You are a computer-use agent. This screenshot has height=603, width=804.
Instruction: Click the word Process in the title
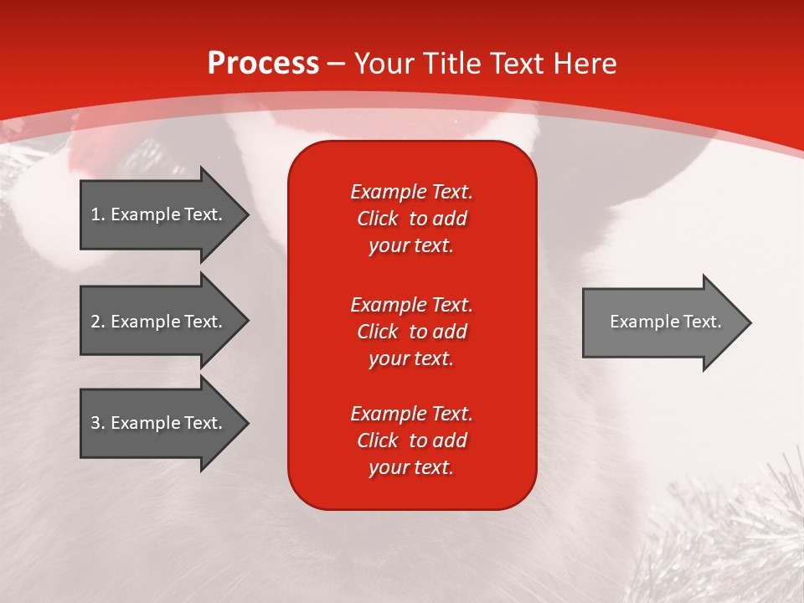(264, 64)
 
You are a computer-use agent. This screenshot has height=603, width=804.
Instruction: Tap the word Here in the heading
(585, 64)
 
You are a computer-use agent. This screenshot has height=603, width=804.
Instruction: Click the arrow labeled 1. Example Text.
(165, 214)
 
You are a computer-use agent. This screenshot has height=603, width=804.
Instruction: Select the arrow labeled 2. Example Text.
(165, 321)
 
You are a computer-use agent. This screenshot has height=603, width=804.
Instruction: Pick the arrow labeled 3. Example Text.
(165, 423)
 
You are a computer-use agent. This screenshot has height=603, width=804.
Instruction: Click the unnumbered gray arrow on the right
(667, 322)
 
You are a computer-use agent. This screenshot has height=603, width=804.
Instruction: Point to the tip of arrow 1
(250, 215)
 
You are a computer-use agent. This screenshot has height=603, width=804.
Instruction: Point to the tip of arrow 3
(250, 424)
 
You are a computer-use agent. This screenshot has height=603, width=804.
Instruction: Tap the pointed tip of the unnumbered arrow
(752, 323)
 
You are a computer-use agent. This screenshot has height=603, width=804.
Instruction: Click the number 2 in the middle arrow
(95, 322)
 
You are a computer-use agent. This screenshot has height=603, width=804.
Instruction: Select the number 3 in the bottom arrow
(95, 422)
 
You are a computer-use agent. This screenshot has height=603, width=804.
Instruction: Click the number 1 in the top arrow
(95, 214)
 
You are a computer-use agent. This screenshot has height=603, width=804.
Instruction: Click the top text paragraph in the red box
(412, 219)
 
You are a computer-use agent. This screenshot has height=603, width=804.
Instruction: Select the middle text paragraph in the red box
(412, 332)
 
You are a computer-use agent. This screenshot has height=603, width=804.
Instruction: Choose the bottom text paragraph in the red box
(412, 441)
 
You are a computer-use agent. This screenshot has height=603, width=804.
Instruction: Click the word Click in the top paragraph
(378, 219)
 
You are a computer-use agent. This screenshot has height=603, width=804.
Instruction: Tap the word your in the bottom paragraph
(385, 468)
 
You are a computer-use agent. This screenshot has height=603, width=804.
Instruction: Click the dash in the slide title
(337, 64)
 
